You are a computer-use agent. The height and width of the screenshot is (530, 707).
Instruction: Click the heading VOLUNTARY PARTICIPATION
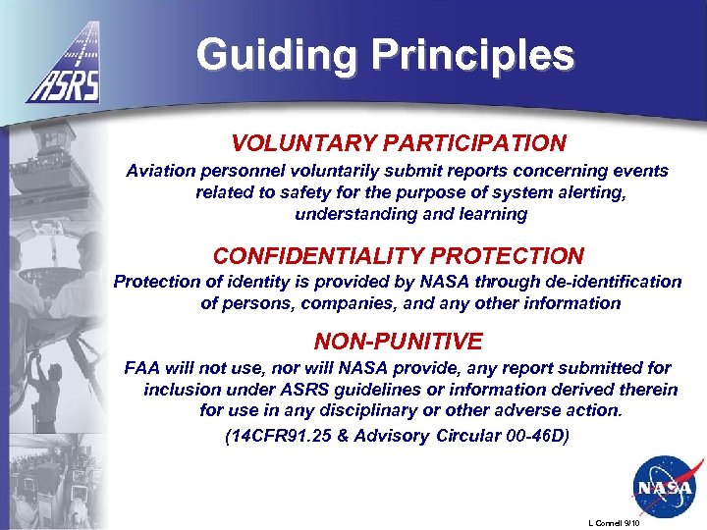399,143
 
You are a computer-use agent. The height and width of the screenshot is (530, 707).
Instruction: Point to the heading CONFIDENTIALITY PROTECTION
399,256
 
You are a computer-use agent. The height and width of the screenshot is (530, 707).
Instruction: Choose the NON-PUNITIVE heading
399,342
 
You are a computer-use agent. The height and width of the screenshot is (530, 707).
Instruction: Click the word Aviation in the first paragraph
161,171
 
